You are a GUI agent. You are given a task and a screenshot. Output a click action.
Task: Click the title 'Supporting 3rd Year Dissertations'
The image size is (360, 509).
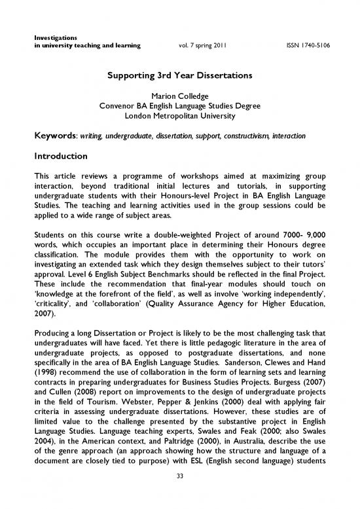coord(179,75)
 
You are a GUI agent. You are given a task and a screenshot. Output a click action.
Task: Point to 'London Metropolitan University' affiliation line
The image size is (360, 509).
coord(179,117)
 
